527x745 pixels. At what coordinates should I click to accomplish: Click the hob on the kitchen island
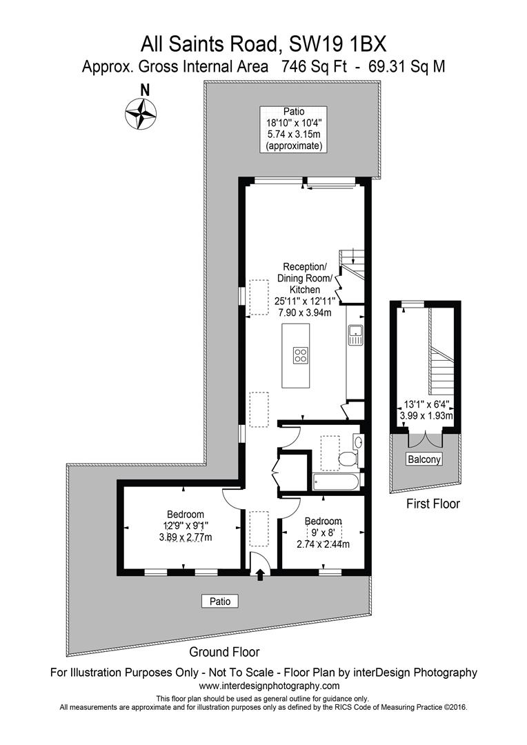tap(301, 355)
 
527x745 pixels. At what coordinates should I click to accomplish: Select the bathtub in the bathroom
tap(336, 481)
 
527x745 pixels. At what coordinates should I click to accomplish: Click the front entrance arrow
tap(260, 575)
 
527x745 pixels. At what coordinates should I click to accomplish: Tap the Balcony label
tap(423, 459)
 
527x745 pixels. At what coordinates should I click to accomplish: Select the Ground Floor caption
tap(225, 651)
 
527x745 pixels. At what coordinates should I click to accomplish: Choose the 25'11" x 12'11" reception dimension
tap(304, 301)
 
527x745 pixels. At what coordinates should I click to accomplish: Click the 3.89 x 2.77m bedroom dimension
tap(185, 537)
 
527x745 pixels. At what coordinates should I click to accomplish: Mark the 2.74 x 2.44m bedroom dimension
tap(323, 544)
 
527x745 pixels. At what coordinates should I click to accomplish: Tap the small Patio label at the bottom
tap(220, 601)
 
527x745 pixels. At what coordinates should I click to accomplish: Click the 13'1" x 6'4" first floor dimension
tap(426, 405)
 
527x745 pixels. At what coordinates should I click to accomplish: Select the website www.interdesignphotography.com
tap(269, 686)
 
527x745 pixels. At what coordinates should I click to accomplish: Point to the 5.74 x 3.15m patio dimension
tap(293, 135)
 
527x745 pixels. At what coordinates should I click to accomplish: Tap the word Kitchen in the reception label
tap(304, 290)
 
